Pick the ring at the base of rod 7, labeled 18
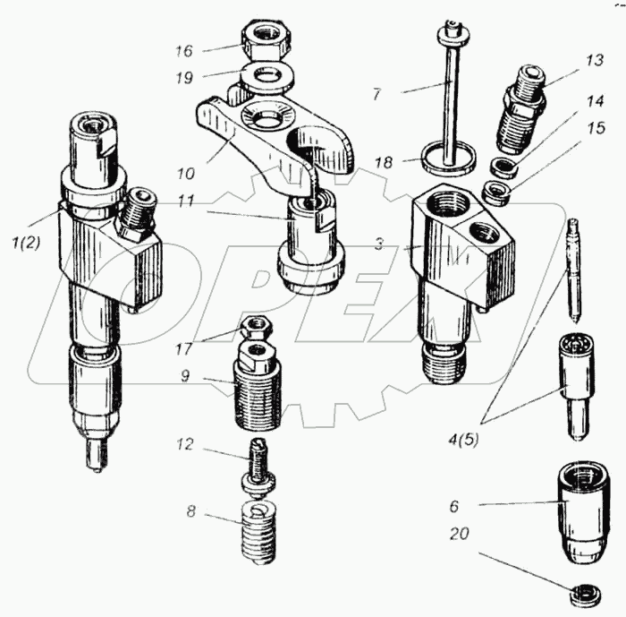[447, 159]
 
